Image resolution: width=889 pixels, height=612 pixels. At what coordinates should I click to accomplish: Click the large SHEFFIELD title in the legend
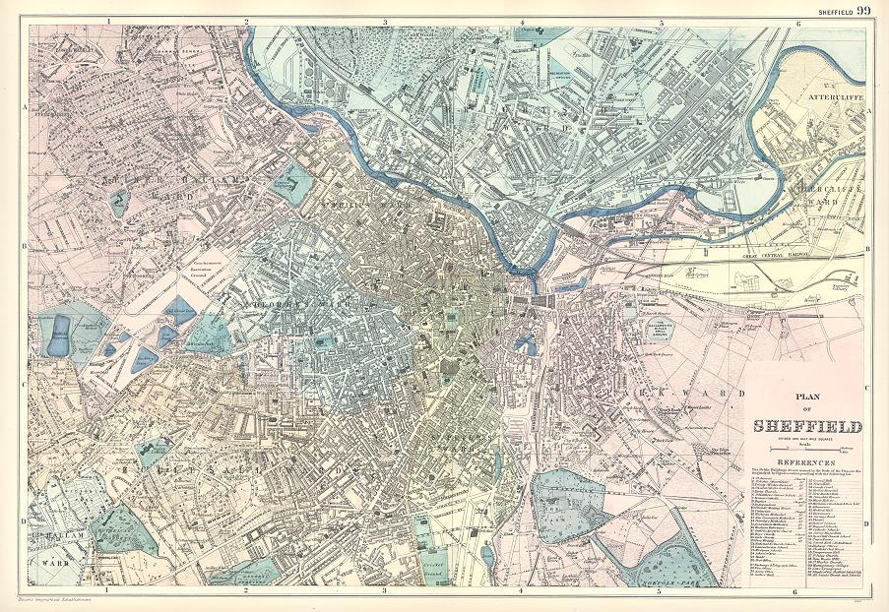[806, 427]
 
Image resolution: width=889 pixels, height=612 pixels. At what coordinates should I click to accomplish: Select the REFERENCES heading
[806, 460]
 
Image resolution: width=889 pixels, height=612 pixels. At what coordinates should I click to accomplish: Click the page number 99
[863, 11]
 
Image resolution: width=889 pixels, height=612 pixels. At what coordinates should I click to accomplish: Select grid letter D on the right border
[866, 523]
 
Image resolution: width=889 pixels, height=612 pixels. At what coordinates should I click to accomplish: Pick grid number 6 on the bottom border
[794, 592]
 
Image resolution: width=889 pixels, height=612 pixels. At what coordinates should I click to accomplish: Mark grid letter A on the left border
[22, 111]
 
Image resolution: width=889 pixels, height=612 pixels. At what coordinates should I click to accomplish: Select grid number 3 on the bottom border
[384, 592]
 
